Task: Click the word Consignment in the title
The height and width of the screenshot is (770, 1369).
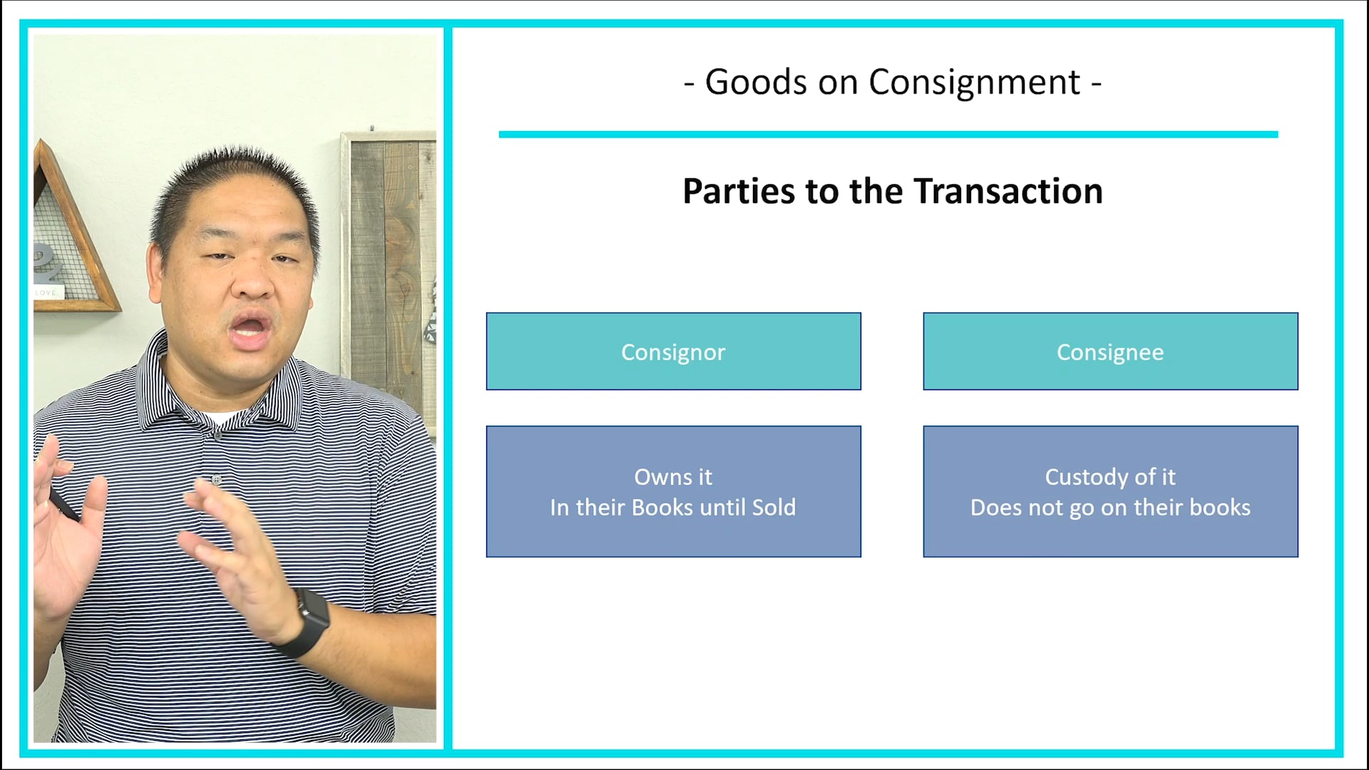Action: pyautogui.click(x=974, y=83)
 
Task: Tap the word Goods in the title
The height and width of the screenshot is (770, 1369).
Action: pyautogui.click(x=756, y=83)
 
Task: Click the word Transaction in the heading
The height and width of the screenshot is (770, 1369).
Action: pyautogui.click(x=1008, y=192)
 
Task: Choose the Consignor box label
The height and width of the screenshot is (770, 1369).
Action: pyautogui.click(x=673, y=352)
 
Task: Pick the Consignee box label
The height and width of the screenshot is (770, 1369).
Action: pyautogui.click(x=1110, y=352)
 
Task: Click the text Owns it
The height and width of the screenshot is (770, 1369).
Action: pyautogui.click(x=673, y=477)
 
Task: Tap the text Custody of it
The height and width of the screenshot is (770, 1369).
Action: pyautogui.click(x=1110, y=477)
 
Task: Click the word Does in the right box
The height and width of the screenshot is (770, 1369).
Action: pyautogui.click(x=997, y=508)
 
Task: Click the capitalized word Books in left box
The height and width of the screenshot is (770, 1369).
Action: pyautogui.click(x=662, y=508)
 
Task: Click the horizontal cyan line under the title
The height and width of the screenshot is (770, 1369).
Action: pyautogui.click(x=888, y=134)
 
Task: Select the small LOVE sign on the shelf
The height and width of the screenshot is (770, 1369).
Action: pyautogui.click(x=47, y=292)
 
